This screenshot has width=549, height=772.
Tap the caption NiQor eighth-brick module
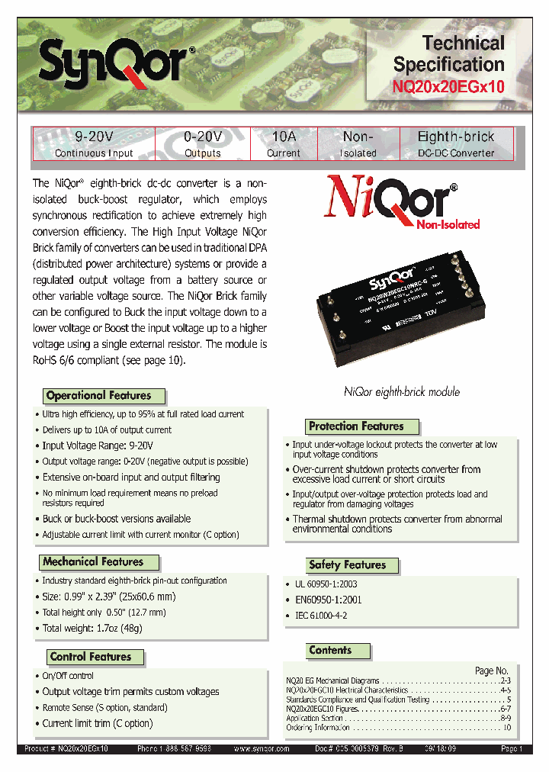pos(402,392)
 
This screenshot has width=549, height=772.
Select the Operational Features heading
pos(99,395)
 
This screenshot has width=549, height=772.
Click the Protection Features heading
pos(356,426)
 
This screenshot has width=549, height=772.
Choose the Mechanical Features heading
pos(94,561)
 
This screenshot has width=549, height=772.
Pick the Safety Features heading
pos(347,565)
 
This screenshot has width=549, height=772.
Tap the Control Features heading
pos(91,657)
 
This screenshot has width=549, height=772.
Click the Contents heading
pos(330,651)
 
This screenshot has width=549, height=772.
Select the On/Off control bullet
pos(68,676)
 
